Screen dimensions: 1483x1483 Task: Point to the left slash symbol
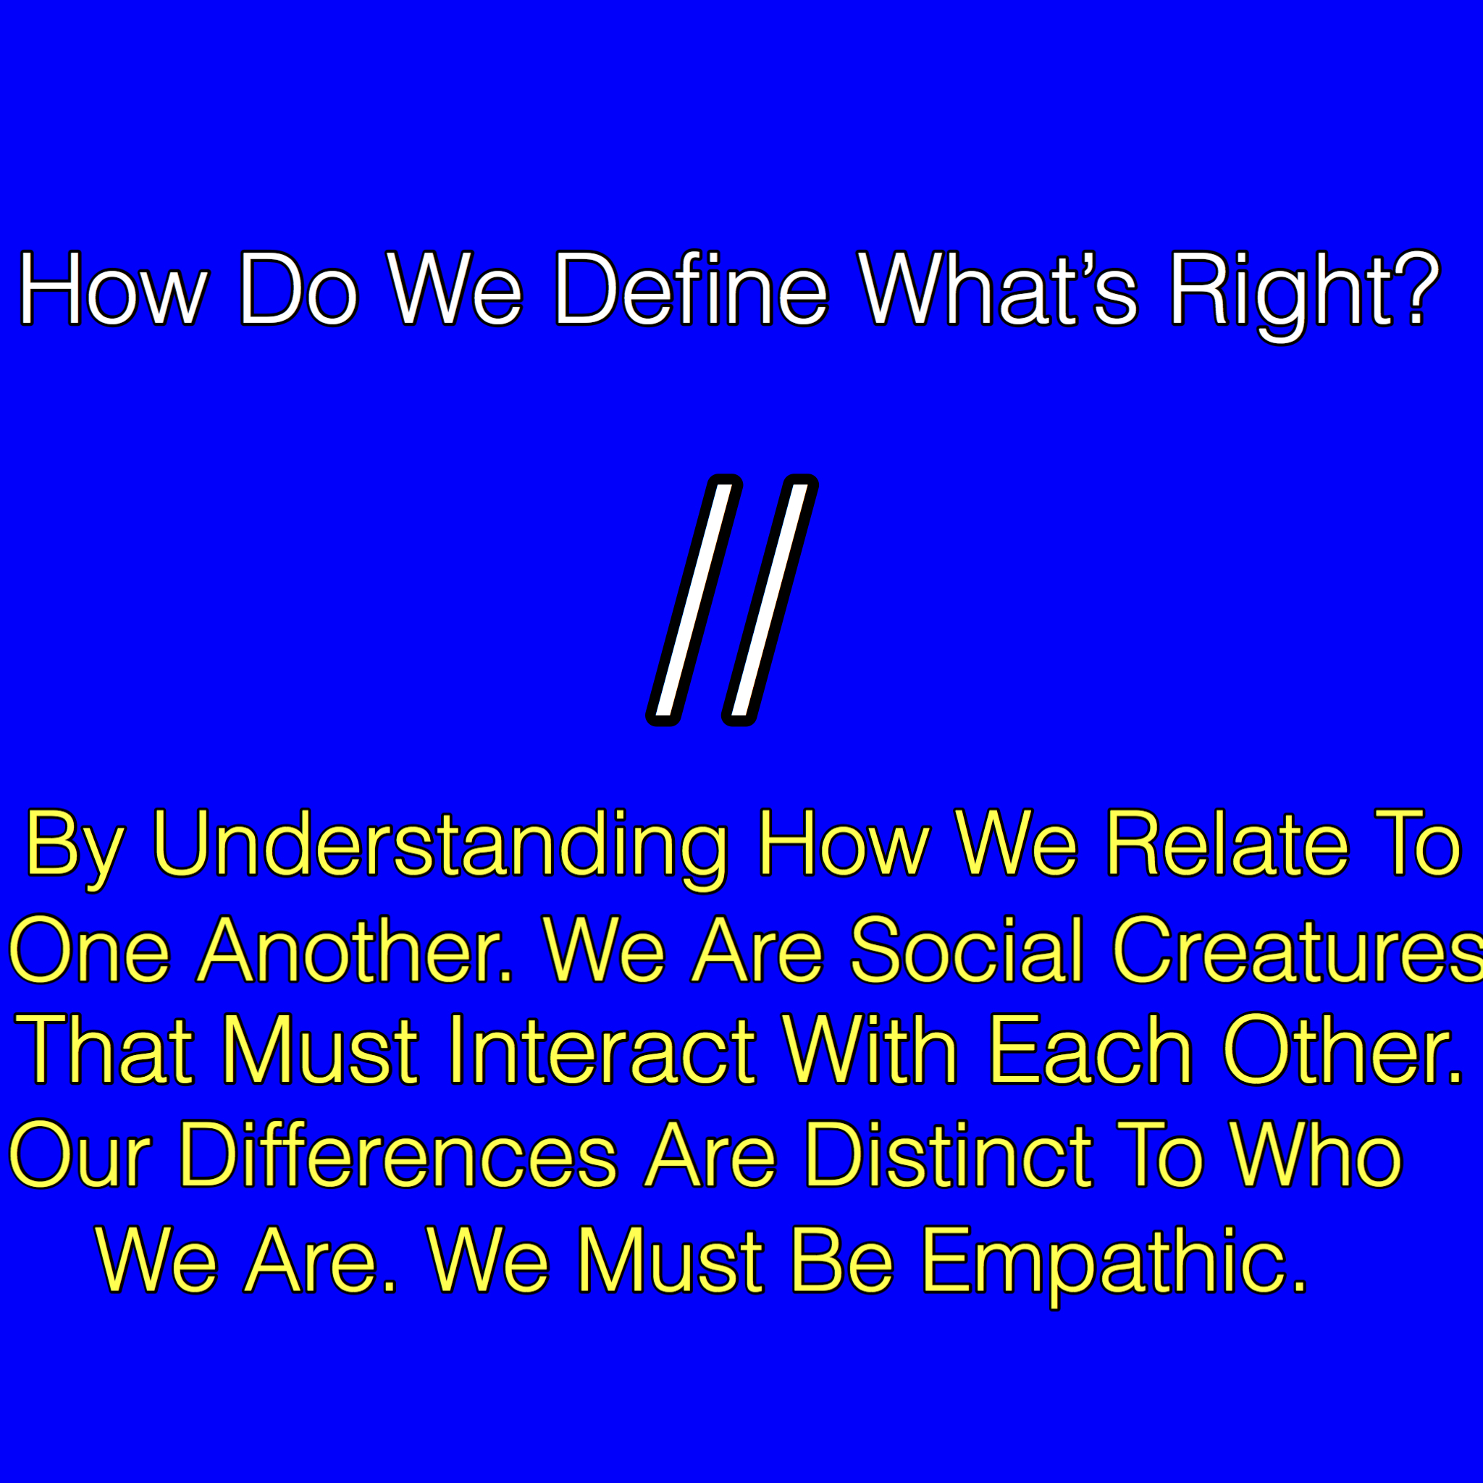click(x=694, y=600)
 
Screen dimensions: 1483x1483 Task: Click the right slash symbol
click(x=770, y=600)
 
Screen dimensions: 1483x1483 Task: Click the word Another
click(x=356, y=949)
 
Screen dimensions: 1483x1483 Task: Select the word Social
click(x=967, y=949)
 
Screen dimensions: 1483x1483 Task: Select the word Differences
click(x=398, y=1154)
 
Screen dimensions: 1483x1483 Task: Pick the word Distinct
click(x=948, y=1154)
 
